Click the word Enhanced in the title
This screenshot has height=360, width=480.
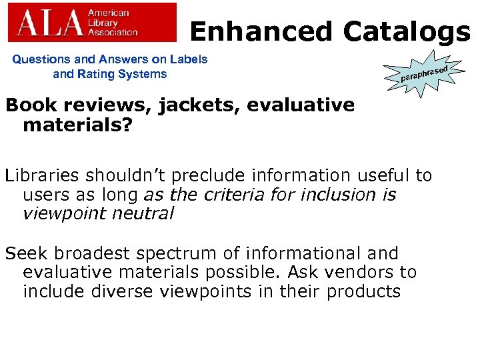click(x=261, y=31)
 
